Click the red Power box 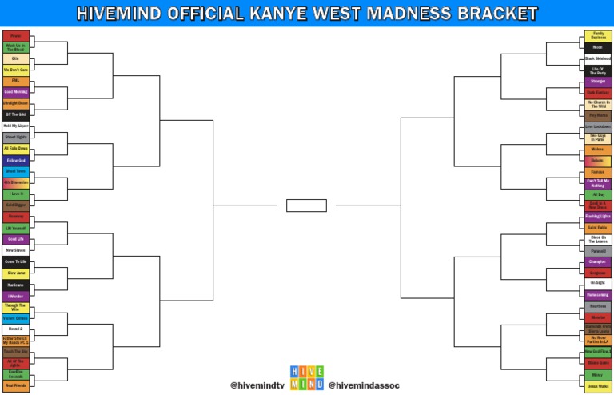(x=16, y=36)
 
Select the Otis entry (x=16, y=58)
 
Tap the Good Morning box (x=16, y=92)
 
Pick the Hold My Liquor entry (x=16, y=126)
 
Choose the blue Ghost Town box (x=16, y=171)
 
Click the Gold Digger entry (x=16, y=205)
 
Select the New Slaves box (x=16, y=250)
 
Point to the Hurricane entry (x=16, y=285)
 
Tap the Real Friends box (x=16, y=386)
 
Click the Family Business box (x=598, y=36)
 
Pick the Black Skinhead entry (x=598, y=58)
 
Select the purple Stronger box (x=598, y=81)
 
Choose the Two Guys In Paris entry (x=598, y=138)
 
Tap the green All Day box (x=598, y=194)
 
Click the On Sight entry (x=598, y=283)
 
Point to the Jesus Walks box (x=598, y=386)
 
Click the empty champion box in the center (x=306, y=205)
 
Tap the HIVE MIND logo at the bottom (x=306, y=377)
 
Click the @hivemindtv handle (x=257, y=385)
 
